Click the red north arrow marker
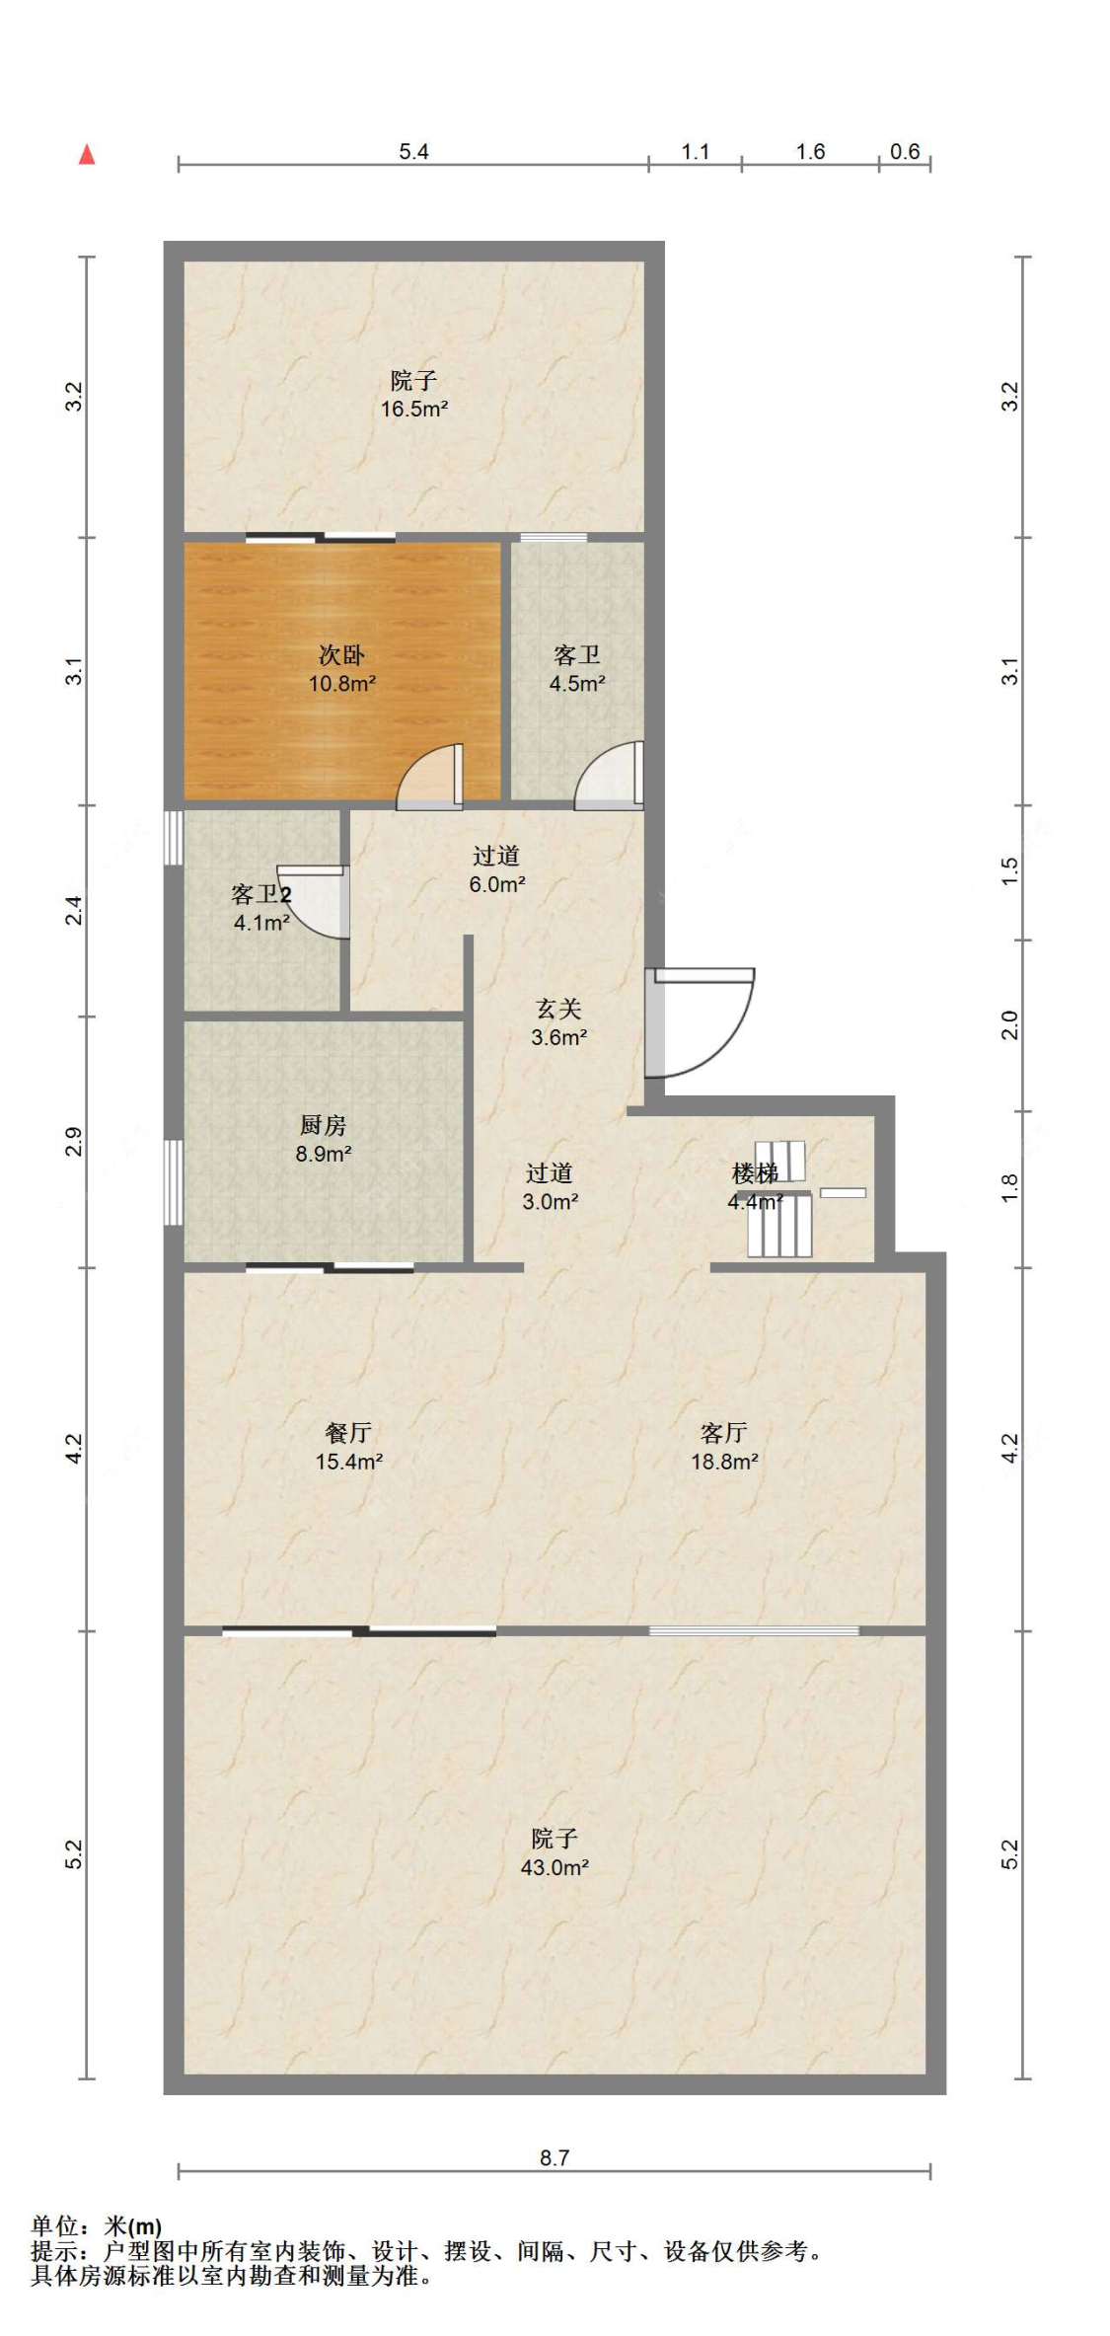(x=87, y=154)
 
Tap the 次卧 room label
(x=341, y=654)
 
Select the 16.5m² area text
(x=414, y=409)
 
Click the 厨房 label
(x=323, y=1124)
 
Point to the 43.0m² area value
(x=555, y=1867)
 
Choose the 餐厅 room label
(x=348, y=1432)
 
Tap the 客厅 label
(x=724, y=1432)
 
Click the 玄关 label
(x=558, y=1008)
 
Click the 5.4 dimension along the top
(x=413, y=151)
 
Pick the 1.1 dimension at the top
(x=696, y=151)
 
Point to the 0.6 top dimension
(x=905, y=151)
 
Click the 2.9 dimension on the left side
(x=74, y=1142)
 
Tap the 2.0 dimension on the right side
(x=1009, y=1025)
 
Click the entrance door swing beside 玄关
(x=700, y=1022)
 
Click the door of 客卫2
(x=314, y=901)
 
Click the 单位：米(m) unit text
(x=97, y=2226)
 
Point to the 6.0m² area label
(x=497, y=884)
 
